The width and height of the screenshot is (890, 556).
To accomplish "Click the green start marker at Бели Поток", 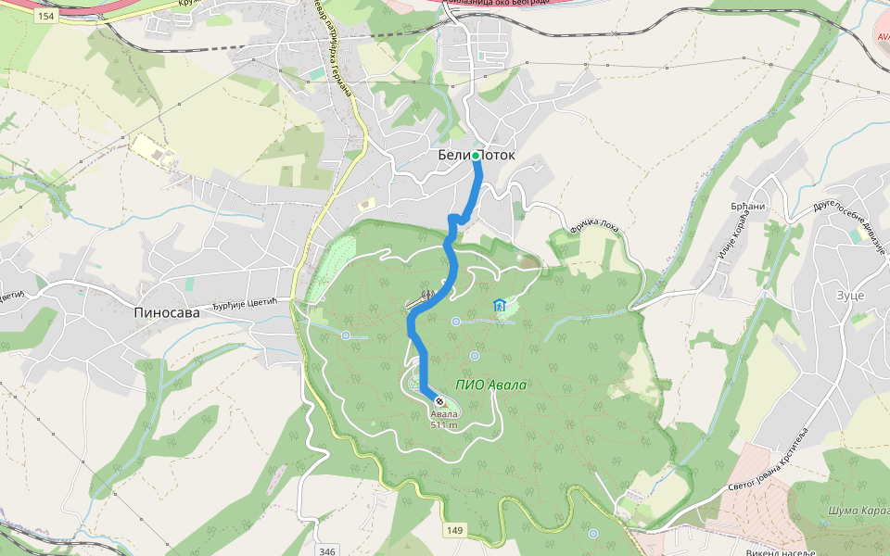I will click(x=476, y=156).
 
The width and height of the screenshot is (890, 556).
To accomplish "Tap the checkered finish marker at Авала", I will click(x=439, y=401).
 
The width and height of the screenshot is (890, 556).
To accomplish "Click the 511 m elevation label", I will click(x=444, y=425).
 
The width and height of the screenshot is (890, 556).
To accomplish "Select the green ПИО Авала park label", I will click(x=491, y=385).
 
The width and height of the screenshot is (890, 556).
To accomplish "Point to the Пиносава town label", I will click(x=167, y=313).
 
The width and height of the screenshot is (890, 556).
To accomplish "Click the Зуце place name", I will click(x=849, y=295).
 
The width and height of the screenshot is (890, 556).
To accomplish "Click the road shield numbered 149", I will click(x=454, y=530).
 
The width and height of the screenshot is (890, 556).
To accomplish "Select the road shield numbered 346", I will click(x=326, y=550).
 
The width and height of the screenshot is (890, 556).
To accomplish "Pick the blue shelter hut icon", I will click(x=501, y=304).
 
